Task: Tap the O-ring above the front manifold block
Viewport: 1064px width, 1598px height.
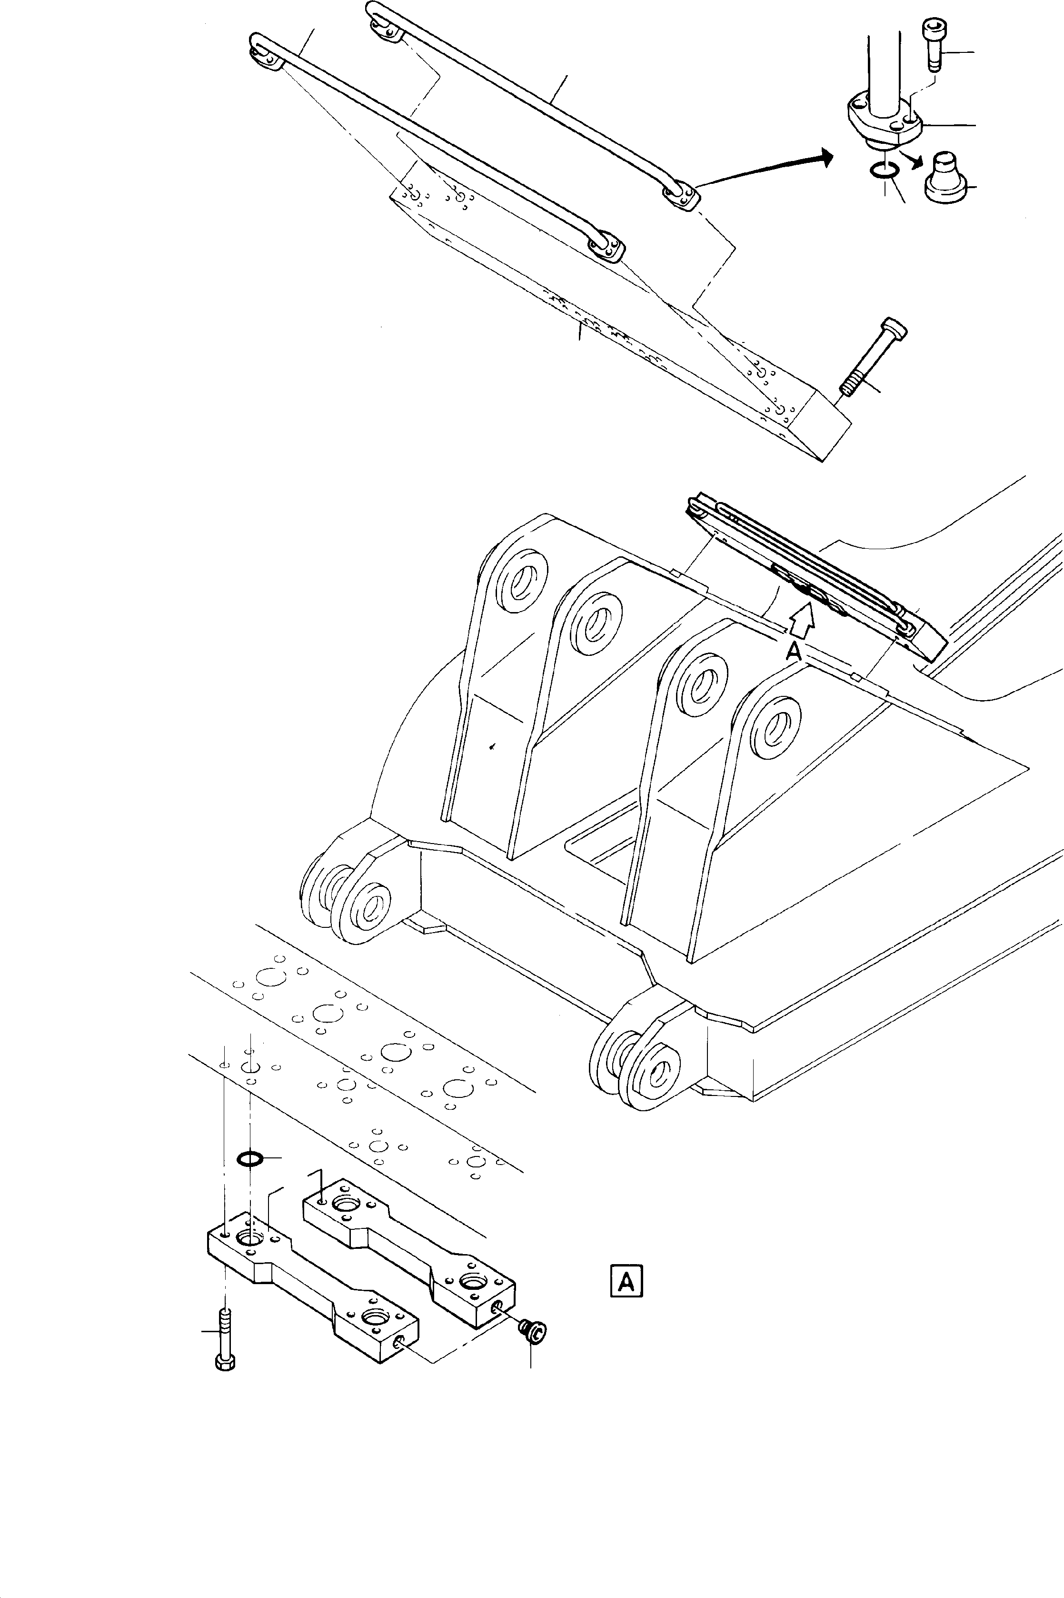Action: tap(250, 1159)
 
